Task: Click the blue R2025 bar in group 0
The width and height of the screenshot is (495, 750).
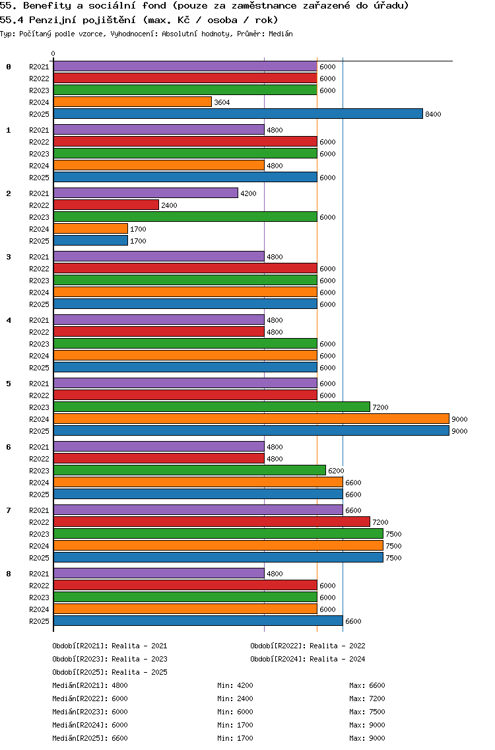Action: [238, 114]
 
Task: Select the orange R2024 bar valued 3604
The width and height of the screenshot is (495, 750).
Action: [132, 102]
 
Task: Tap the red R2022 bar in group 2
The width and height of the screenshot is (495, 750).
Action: [106, 205]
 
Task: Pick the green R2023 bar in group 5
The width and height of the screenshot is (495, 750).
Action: [211, 407]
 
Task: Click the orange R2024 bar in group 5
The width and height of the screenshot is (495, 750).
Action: [251, 419]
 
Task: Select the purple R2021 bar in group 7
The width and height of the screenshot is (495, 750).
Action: [198, 510]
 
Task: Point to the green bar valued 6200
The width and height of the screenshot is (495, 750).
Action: [189, 471]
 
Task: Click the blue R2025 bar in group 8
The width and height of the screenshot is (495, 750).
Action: [198, 621]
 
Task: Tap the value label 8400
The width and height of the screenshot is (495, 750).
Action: [433, 114]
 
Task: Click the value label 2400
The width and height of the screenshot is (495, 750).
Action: [169, 205]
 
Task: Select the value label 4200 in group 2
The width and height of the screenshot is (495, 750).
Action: [248, 193]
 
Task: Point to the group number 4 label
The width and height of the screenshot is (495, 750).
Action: [9, 320]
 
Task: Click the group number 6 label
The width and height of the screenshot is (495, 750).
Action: [9, 447]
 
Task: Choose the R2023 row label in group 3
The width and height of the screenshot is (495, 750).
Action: [39, 281]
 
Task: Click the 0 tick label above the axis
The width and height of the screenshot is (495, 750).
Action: [53, 54]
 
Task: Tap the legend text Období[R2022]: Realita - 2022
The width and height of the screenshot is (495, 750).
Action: [308, 646]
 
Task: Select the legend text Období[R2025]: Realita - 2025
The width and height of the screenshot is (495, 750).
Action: [110, 672]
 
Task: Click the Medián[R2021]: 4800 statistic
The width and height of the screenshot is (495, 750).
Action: [90, 685]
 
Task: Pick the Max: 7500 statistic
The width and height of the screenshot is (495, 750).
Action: [367, 712]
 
